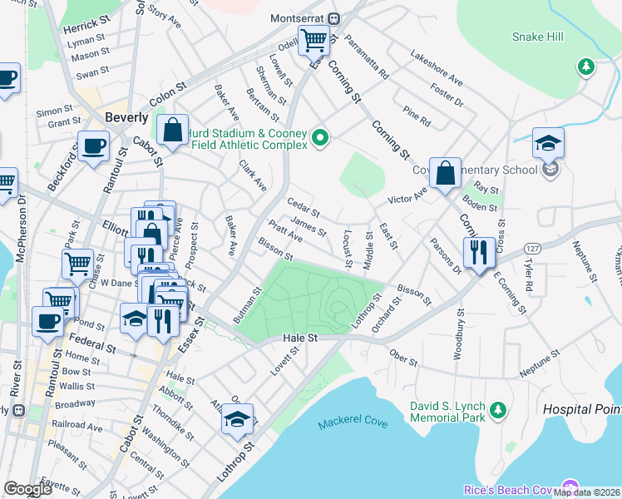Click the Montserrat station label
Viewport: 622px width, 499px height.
click(299, 17)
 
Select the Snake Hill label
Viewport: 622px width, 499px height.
click(537, 37)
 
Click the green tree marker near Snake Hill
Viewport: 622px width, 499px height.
click(586, 66)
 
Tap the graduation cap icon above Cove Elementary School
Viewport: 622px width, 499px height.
click(548, 142)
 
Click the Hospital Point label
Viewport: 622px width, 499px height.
click(581, 409)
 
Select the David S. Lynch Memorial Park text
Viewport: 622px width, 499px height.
click(447, 412)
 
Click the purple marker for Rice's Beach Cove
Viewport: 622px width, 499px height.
click(570, 487)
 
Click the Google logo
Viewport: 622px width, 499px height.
click(27, 488)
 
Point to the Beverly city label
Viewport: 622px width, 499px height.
click(126, 117)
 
